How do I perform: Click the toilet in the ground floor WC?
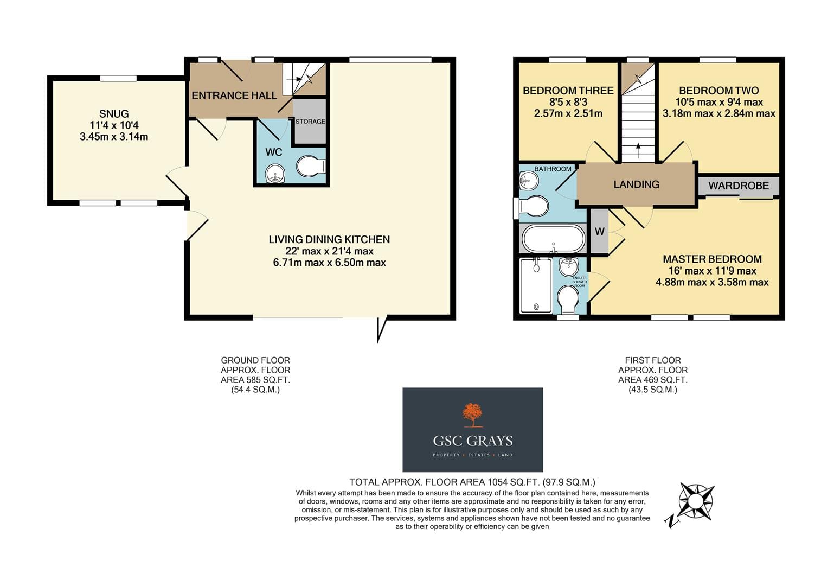(x=311, y=166)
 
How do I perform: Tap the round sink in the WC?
(x=275, y=174)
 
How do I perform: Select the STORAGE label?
(x=310, y=122)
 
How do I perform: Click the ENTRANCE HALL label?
(x=234, y=95)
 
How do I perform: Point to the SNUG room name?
(x=114, y=113)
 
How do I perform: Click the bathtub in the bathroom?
(x=553, y=239)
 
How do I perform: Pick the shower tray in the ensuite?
(x=536, y=286)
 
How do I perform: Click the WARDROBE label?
(x=739, y=186)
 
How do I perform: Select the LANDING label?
(x=636, y=184)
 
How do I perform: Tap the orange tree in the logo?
(x=472, y=415)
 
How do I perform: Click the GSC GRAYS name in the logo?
(x=472, y=441)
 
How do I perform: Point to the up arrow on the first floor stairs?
(x=638, y=151)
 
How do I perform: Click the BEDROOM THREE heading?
(x=568, y=91)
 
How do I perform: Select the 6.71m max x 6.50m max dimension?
(x=329, y=263)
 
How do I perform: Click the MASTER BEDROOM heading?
(x=712, y=259)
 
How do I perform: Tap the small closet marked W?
(x=599, y=232)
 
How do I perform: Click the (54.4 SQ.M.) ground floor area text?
(x=255, y=390)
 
